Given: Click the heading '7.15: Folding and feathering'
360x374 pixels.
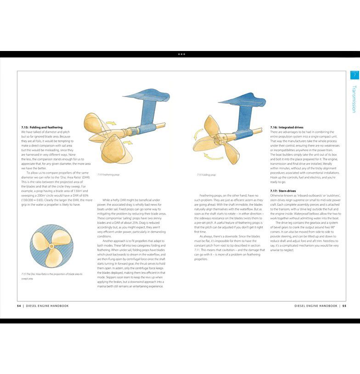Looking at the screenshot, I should [42, 127].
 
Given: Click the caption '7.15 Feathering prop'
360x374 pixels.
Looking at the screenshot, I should [108, 175].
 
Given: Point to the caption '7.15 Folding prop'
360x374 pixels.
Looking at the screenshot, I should [206, 175].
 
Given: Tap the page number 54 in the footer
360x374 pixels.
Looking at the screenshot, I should [19, 306].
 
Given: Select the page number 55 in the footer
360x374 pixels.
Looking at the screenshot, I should [344, 306].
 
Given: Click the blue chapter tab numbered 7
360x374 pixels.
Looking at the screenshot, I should [354, 75].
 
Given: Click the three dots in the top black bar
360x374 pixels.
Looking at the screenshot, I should [181, 54].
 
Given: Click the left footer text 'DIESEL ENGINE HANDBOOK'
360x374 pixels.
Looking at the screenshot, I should [47, 306].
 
